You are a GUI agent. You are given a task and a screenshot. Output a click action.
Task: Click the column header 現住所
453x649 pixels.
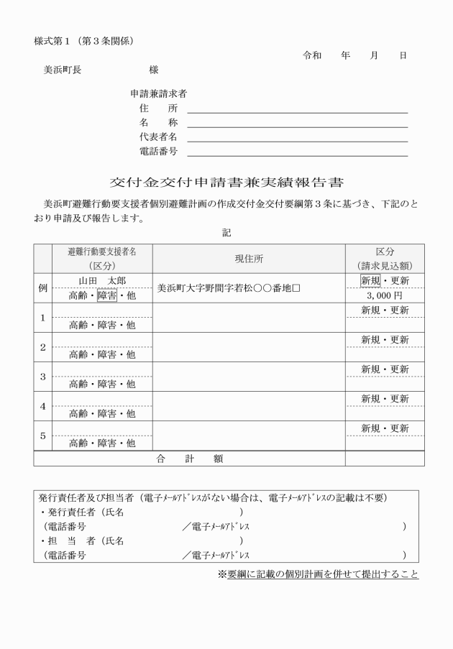pyautogui.click(x=249, y=259)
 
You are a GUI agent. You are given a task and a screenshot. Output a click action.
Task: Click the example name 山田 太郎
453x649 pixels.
pyautogui.click(x=101, y=280)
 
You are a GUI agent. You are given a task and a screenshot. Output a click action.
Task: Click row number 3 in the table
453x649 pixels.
pyautogui.click(x=43, y=377)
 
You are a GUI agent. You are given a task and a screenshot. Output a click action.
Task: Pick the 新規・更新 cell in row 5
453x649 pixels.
pyautogui.click(x=384, y=428)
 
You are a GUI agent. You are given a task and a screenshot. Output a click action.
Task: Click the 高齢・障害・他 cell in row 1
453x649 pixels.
pyautogui.click(x=101, y=325)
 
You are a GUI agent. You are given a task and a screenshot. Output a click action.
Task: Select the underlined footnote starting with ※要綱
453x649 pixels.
pyautogui.click(x=318, y=574)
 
